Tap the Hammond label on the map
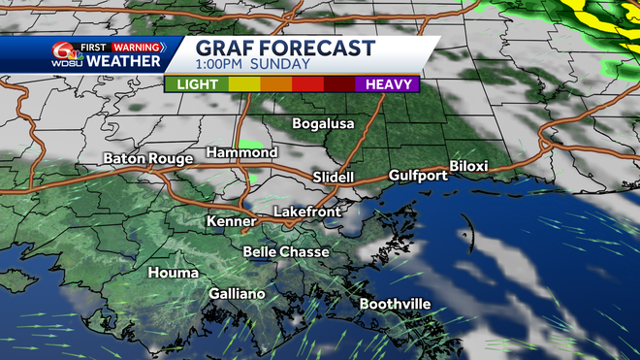click(241, 153)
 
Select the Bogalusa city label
click(324, 124)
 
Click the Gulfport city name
click(417, 176)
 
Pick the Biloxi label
click(468, 167)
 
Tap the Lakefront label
click(304, 211)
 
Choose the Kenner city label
click(230, 222)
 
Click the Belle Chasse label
click(286, 252)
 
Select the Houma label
click(172, 274)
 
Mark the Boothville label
click(395, 305)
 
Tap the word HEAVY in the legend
click(387, 84)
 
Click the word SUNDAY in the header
click(281, 65)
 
